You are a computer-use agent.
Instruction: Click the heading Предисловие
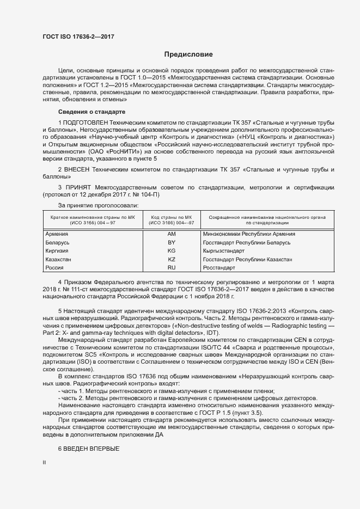(x=188, y=54)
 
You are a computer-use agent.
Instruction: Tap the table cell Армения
(x=57, y=234)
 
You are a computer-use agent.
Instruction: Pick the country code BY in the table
(x=172, y=242)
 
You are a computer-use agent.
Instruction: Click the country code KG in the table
(x=172, y=250)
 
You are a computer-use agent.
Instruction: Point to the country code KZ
(x=172, y=260)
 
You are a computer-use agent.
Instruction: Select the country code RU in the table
(x=172, y=268)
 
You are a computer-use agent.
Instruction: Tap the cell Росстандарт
(x=219, y=268)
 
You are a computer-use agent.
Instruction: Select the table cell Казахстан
(x=59, y=260)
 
